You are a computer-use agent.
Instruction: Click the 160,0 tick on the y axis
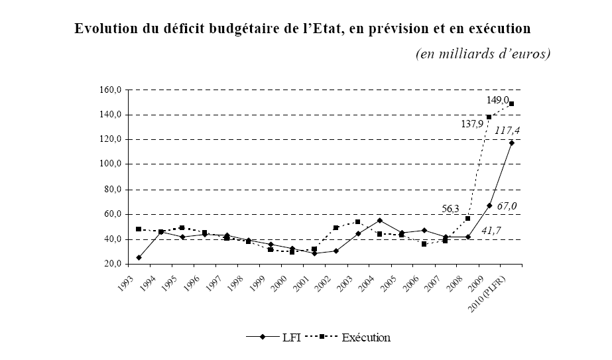pyautogui.click(x=109, y=90)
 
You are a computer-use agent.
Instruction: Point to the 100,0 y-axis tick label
pyautogui.click(x=109, y=164)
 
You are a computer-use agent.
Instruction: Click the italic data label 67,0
pyautogui.click(x=507, y=206)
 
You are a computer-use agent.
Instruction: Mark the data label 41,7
pyautogui.click(x=491, y=230)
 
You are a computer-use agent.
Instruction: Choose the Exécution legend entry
pyautogui.click(x=365, y=337)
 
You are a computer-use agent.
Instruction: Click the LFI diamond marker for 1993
pyautogui.click(x=139, y=257)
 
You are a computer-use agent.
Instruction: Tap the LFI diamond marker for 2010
pyautogui.click(x=511, y=143)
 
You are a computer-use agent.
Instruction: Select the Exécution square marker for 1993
pyautogui.click(x=139, y=229)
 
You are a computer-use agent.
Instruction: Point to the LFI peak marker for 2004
pyautogui.click(x=380, y=220)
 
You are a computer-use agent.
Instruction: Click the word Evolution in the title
pyautogui.click(x=105, y=30)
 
